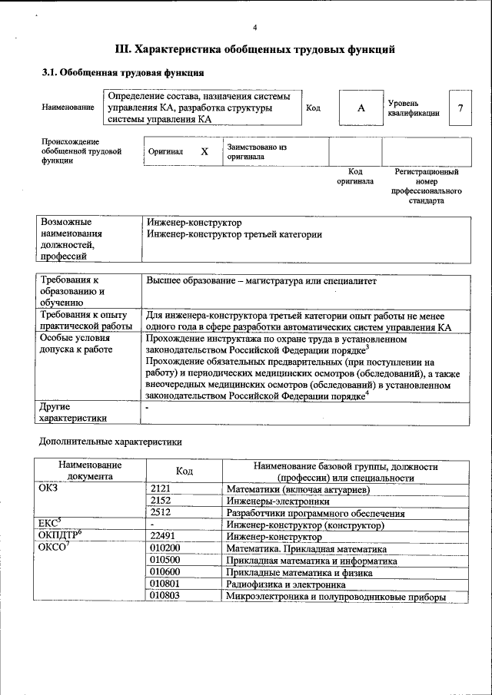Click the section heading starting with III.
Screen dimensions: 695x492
254,50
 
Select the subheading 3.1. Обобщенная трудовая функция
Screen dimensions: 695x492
122,73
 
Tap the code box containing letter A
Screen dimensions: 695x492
361,108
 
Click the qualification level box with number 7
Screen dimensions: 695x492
460,108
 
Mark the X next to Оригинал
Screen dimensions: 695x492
204,151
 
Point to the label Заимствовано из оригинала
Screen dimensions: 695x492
256,151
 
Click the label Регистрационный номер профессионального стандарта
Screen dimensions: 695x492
426,187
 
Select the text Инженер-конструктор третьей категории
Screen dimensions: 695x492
234,234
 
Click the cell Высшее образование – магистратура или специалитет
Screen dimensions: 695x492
261,281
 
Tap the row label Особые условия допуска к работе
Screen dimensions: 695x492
76,343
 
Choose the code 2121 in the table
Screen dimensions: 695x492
161,489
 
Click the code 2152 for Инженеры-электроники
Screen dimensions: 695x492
161,501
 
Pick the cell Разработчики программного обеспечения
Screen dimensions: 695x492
315,513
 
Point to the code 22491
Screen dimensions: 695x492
163,537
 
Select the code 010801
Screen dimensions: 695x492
165,584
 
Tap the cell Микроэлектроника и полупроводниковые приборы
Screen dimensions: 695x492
336,597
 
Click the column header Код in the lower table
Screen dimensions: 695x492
184,471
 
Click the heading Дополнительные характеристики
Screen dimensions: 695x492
110,442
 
